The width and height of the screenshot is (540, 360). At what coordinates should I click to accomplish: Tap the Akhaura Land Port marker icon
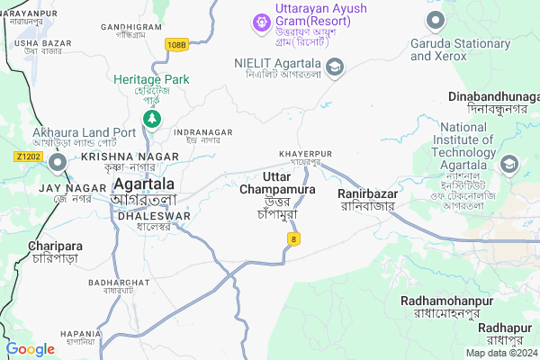(58, 163)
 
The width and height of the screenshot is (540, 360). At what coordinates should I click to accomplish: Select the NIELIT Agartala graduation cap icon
(335, 67)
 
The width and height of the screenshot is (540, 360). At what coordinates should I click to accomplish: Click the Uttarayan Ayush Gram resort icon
(261, 20)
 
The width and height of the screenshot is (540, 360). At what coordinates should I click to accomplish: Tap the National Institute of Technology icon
(509, 165)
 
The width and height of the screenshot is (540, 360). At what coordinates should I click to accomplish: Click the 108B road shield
(177, 43)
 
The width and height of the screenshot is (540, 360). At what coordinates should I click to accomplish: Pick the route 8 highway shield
(292, 238)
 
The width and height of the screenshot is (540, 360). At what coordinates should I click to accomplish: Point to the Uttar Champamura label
(277, 184)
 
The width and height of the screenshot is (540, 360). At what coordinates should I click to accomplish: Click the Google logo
(30, 349)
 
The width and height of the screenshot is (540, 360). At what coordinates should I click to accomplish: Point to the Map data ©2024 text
(499, 352)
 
